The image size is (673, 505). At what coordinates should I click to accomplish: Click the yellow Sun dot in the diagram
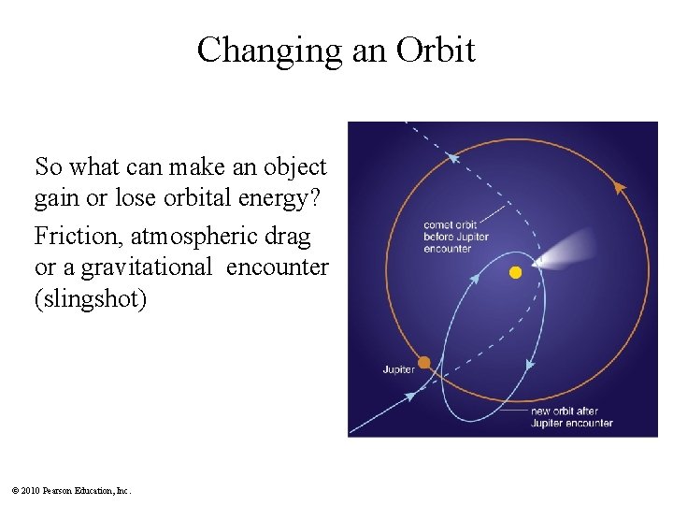[514, 272]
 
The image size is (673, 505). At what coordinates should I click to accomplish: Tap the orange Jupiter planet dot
[424, 362]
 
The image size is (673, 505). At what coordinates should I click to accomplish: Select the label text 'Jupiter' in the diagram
[399, 369]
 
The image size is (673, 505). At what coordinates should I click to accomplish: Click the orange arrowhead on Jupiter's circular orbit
[618, 187]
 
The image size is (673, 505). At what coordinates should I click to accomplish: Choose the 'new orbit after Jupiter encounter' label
[570, 417]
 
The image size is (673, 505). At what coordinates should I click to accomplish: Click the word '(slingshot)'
[90, 300]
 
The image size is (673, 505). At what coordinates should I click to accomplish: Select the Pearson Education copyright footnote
[71, 490]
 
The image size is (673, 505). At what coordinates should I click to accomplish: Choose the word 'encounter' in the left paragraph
[278, 267]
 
